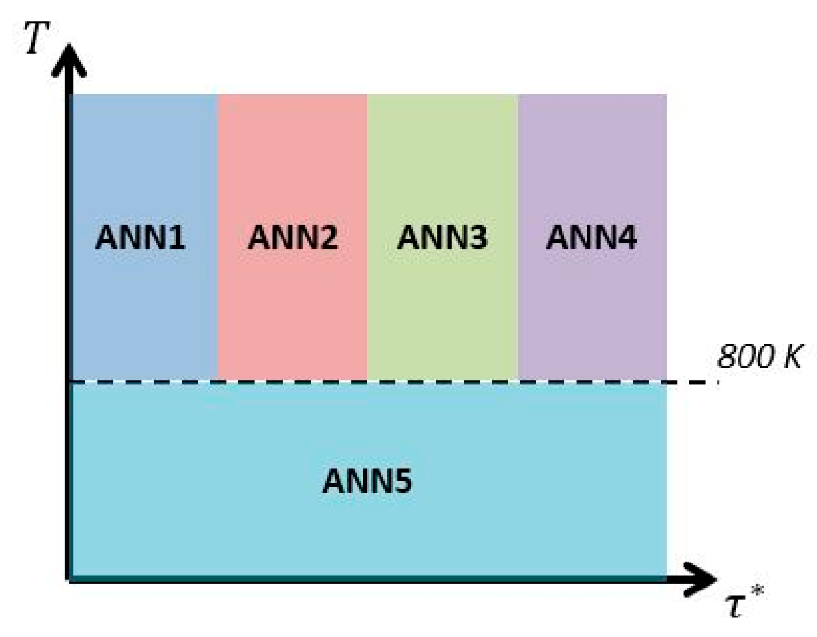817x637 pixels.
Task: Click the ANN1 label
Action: click(140, 237)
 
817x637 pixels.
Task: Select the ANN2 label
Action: click(292, 237)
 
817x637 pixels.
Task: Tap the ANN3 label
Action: click(442, 237)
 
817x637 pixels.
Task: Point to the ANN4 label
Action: click(591, 237)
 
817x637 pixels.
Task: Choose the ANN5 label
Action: click(367, 482)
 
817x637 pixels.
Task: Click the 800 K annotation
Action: click(759, 357)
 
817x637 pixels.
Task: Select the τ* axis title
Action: click(743, 603)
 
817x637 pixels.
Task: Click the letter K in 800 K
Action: click(792, 357)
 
